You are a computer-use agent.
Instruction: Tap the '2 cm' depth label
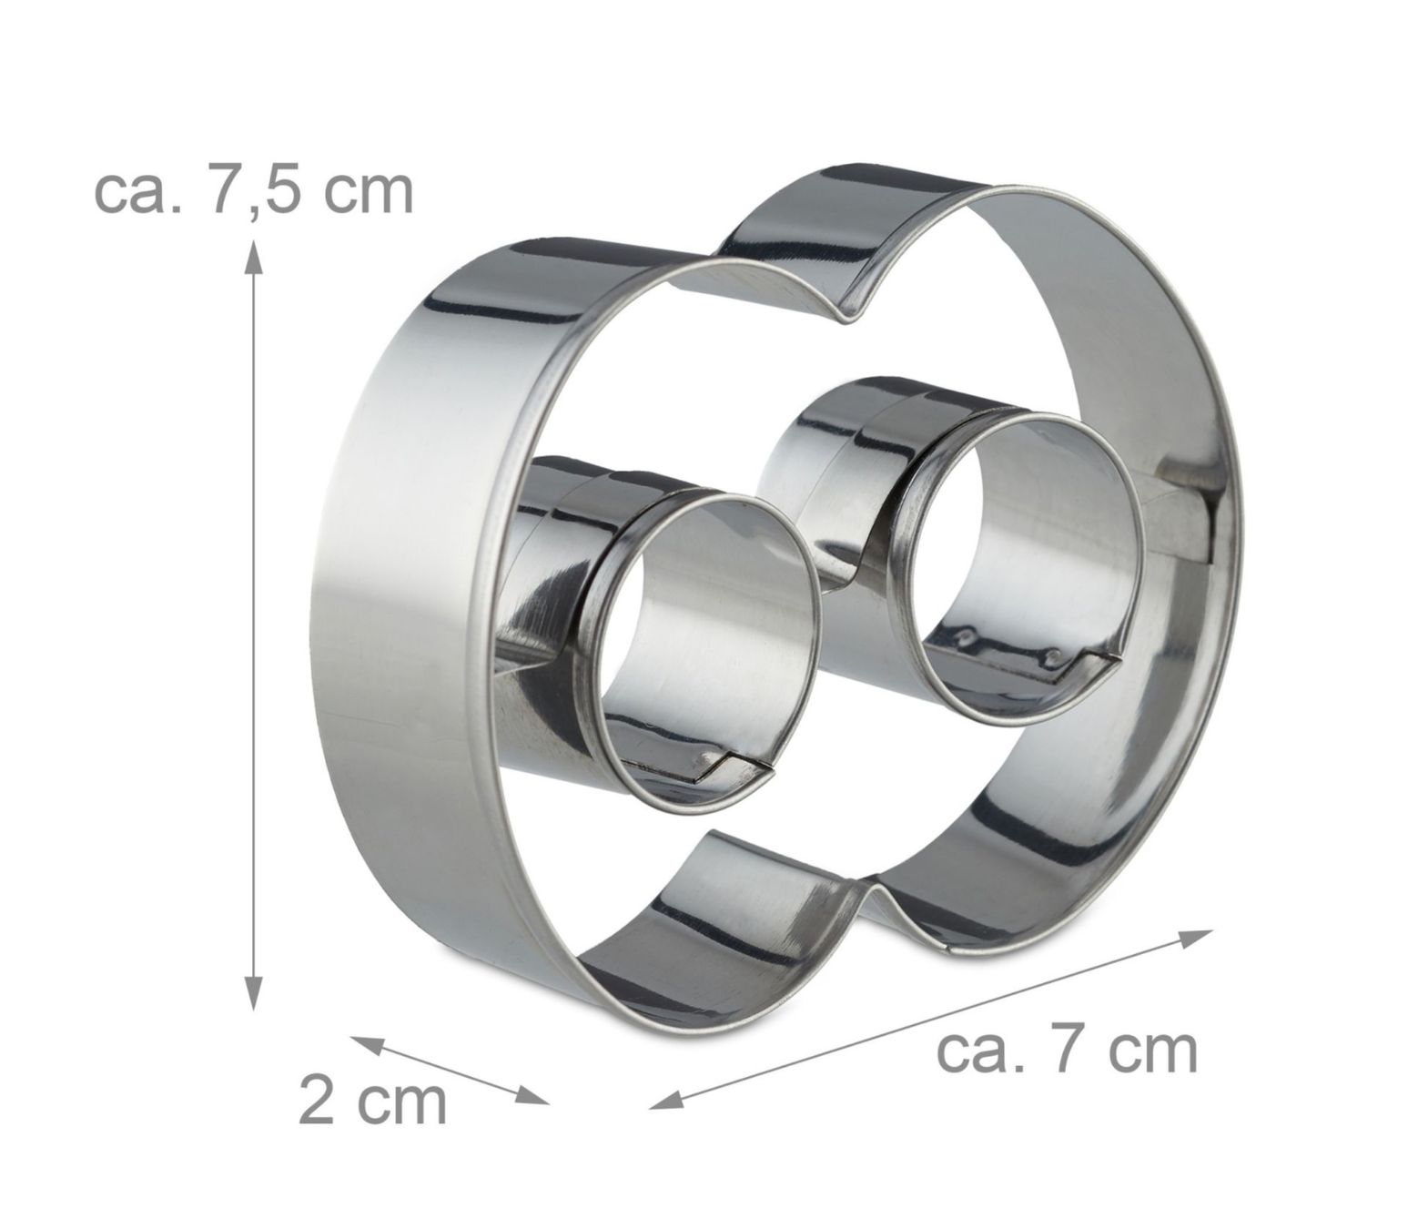[372, 1102]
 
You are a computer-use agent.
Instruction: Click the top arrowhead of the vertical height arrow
[254, 259]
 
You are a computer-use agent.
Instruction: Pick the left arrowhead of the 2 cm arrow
[370, 1045]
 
